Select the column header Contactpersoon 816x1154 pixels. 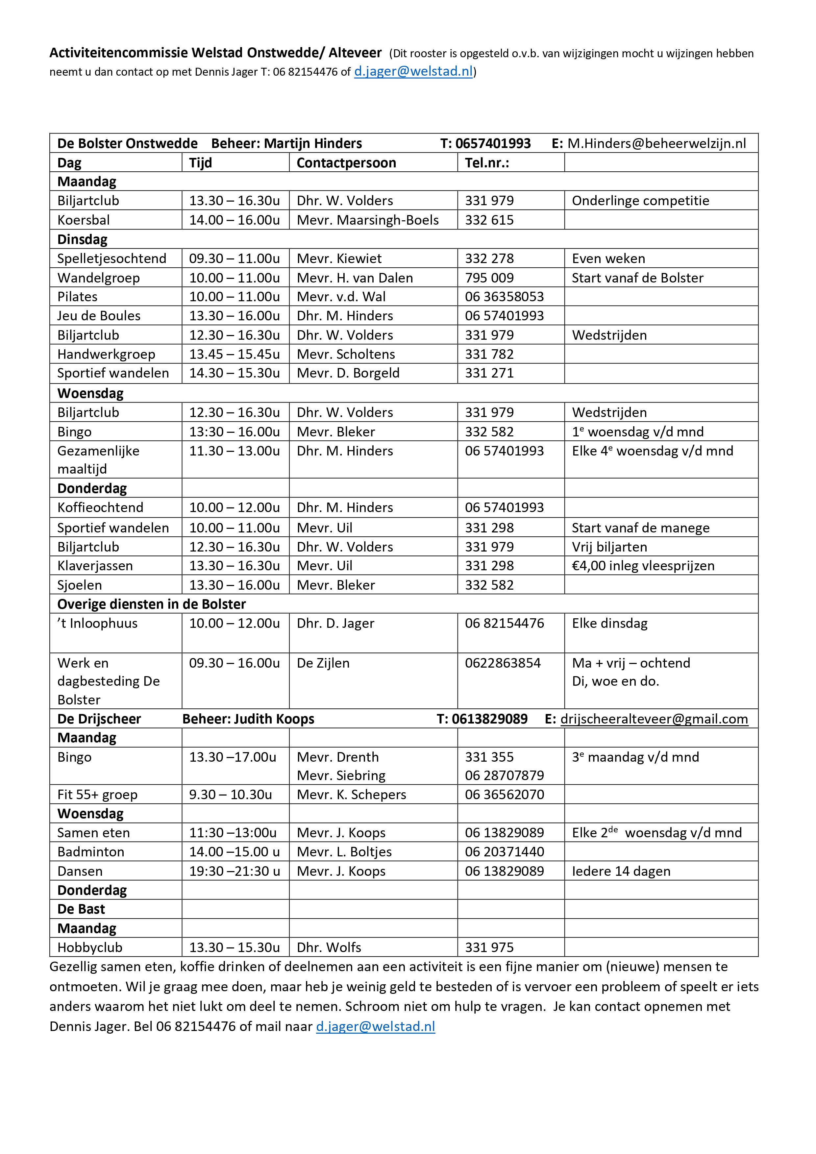click(x=346, y=163)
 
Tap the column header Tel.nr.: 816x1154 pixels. click(x=487, y=163)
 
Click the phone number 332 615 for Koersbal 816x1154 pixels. click(x=489, y=220)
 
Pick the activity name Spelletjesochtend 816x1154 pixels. click(x=111, y=258)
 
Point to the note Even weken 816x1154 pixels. click(x=608, y=258)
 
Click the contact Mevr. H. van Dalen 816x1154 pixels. click(x=355, y=278)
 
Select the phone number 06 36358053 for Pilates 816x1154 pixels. click(x=504, y=297)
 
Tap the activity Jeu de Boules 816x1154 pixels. click(x=99, y=316)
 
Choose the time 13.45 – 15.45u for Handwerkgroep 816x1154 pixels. click(x=234, y=354)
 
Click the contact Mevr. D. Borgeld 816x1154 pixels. click(x=348, y=373)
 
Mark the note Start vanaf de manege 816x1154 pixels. click(x=641, y=528)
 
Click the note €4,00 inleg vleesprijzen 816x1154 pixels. click(x=643, y=566)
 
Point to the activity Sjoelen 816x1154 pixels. click(x=80, y=585)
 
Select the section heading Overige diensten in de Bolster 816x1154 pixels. click(x=151, y=604)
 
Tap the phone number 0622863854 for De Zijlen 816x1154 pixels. click(x=503, y=663)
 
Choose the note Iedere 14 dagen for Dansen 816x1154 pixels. click(x=621, y=871)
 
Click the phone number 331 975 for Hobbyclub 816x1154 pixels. click(x=489, y=947)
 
